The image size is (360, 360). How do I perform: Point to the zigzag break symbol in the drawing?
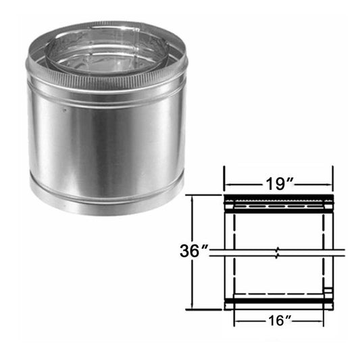278,255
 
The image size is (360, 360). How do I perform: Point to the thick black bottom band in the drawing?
278,301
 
